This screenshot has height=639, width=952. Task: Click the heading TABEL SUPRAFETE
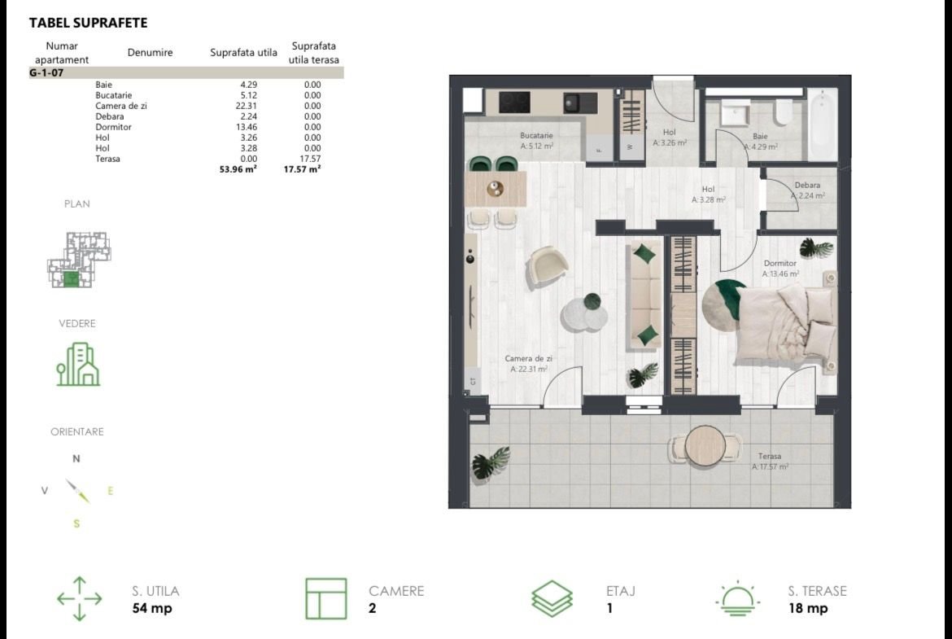click(x=88, y=23)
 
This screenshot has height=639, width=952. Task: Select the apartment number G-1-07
click(x=46, y=73)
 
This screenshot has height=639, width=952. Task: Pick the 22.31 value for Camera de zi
click(x=246, y=106)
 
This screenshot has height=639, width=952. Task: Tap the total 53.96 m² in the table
click(x=238, y=169)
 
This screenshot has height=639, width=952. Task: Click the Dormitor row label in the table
click(x=114, y=127)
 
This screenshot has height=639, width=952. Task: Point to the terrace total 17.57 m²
click(x=303, y=169)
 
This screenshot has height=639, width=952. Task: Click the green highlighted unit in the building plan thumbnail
click(x=71, y=279)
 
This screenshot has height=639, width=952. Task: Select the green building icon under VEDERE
click(x=78, y=365)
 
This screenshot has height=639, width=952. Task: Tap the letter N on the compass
click(x=76, y=458)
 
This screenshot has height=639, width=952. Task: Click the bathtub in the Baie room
click(x=822, y=125)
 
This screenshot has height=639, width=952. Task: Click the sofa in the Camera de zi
click(x=645, y=295)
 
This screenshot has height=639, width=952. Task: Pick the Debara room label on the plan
click(x=807, y=186)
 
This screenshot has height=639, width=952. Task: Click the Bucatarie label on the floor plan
click(x=537, y=135)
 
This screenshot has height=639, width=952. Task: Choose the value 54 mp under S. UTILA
click(x=152, y=608)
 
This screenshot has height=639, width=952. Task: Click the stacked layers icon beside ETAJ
click(x=552, y=599)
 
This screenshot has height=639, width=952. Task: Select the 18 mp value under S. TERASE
click(x=808, y=608)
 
